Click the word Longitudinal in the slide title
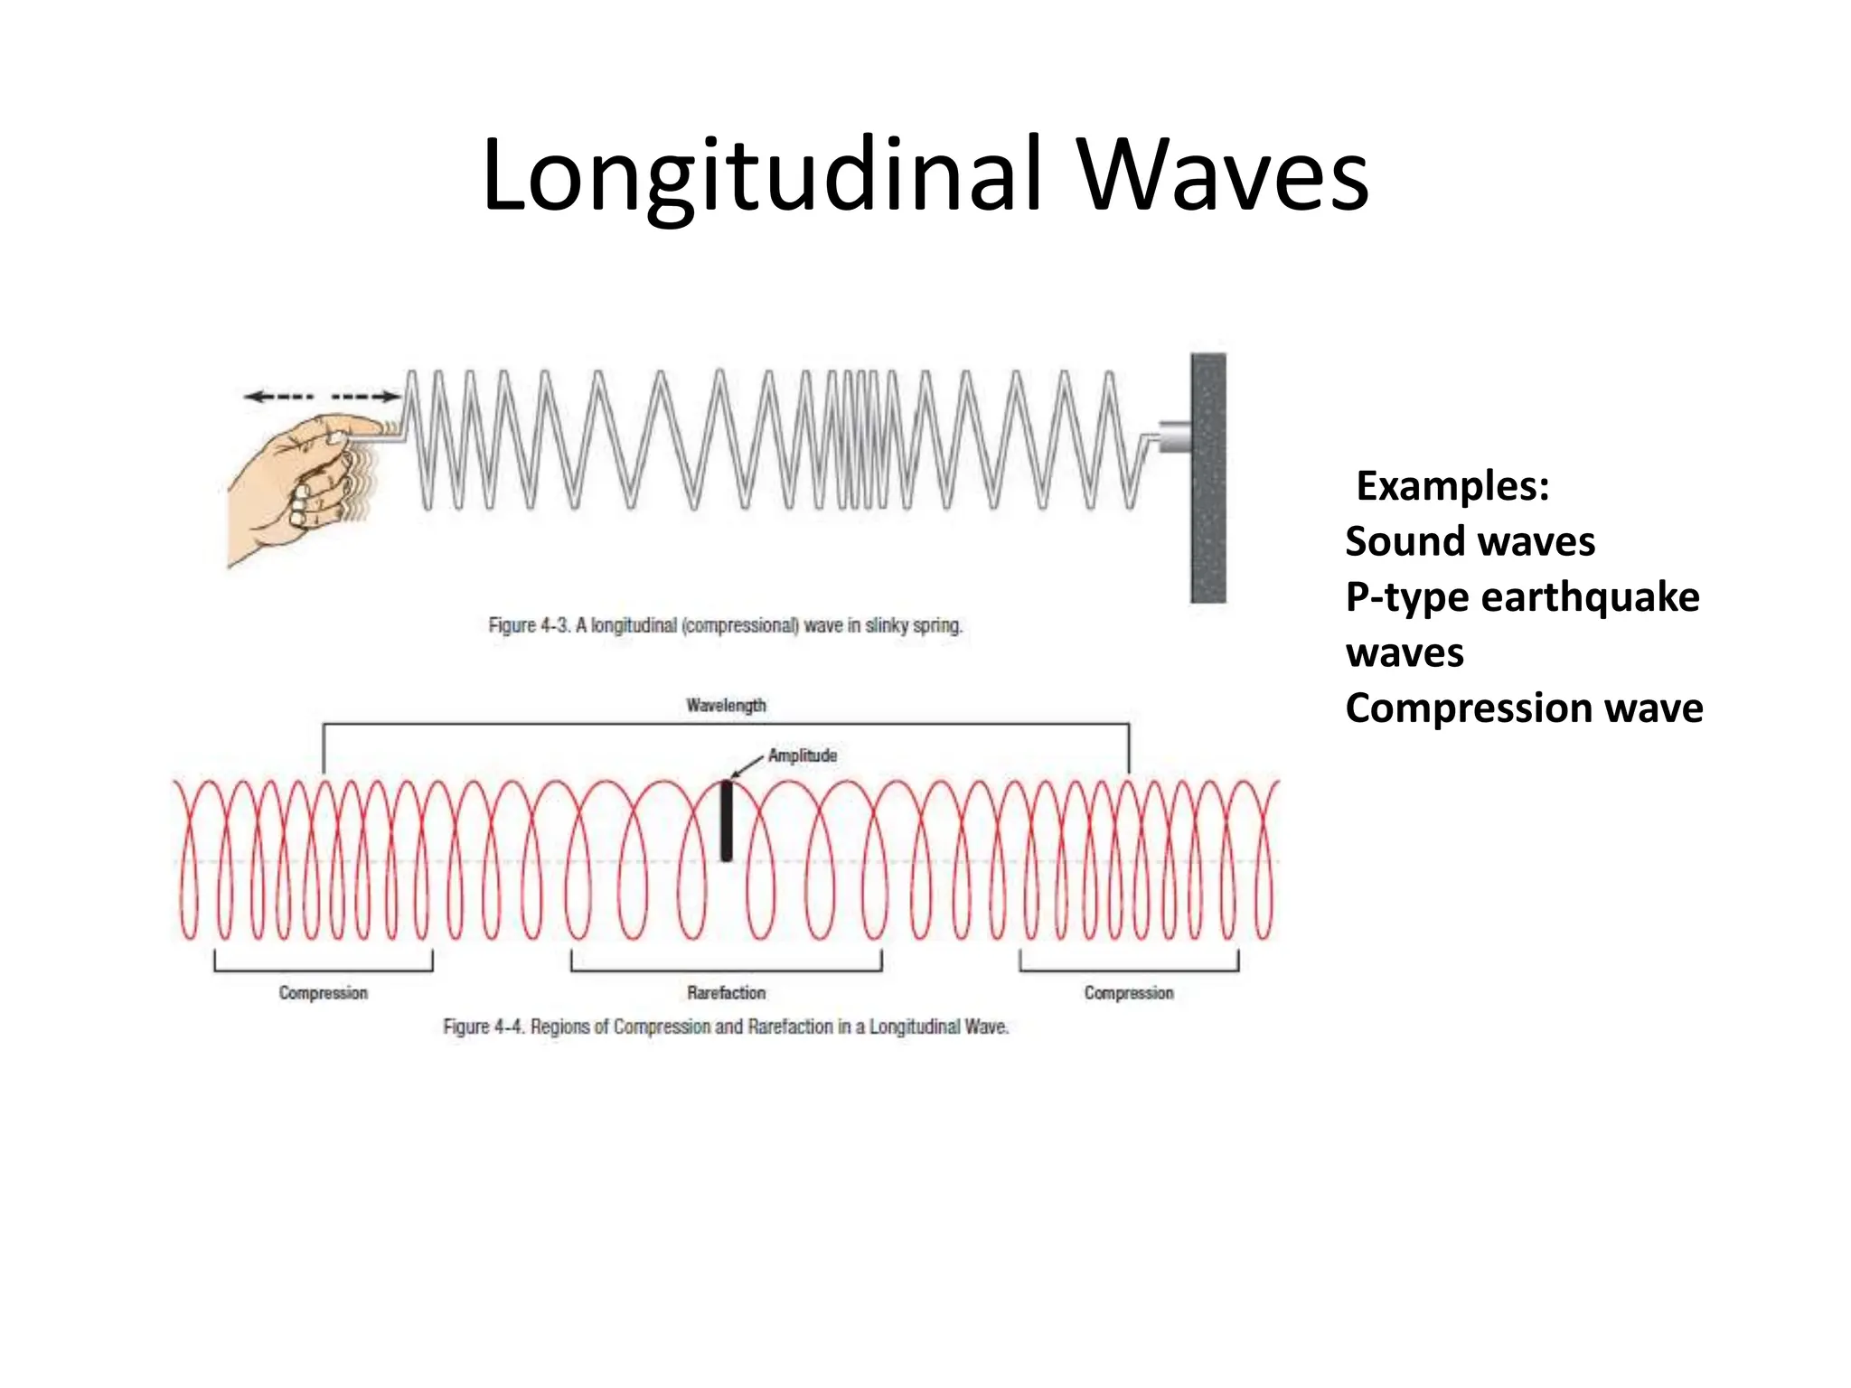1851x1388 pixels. pos(762,176)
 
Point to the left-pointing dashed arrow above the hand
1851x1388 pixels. pos(278,397)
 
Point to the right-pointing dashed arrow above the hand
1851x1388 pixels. pos(366,397)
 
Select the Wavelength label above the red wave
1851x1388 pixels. pos(726,706)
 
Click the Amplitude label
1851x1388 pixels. pos(803,755)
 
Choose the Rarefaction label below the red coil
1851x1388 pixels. pos(726,993)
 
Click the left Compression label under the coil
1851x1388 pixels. pos(323,993)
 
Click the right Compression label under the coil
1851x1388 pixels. pos(1129,993)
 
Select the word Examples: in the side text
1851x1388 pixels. pos(1452,486)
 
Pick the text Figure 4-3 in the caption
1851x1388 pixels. pos(529,625)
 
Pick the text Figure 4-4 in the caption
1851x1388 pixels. pos(484,1027)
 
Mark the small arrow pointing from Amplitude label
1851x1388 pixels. pos(747,766)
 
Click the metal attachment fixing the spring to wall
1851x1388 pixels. pos(1174,437)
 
